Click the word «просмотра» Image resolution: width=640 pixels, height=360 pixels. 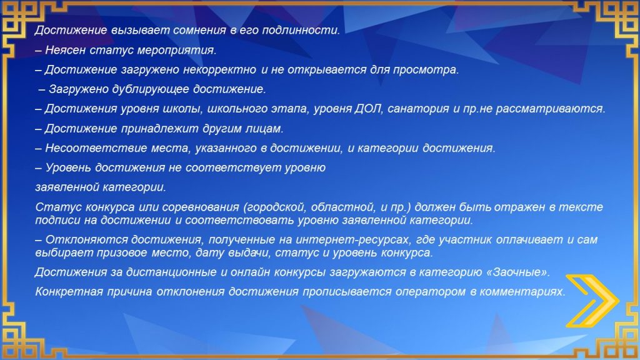coord(426,70)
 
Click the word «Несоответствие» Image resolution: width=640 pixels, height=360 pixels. coord(96,147)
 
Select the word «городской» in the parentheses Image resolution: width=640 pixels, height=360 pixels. coord(274,207)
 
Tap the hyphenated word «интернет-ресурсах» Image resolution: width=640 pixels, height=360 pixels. coord(351,239)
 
